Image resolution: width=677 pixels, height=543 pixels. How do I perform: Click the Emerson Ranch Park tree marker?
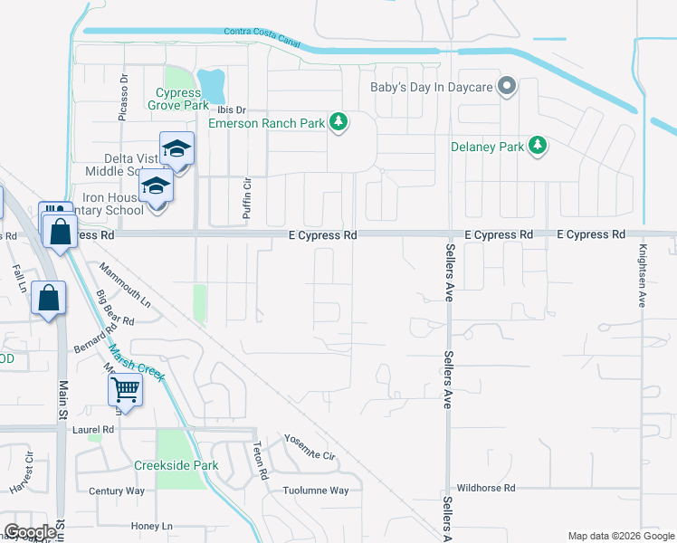(338, 121)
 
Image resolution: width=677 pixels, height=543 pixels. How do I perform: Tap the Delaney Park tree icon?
(538, 145)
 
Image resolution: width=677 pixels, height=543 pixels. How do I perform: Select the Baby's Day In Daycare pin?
(507, 87)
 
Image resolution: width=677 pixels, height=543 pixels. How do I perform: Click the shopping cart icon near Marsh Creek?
(125, 390)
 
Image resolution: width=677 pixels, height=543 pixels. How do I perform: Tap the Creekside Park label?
(176, 465)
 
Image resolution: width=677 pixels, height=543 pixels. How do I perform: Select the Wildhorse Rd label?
(485, 487)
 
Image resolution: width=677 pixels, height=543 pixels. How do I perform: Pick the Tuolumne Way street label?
(313, 491)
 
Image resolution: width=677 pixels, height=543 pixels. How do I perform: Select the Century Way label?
(117, 491)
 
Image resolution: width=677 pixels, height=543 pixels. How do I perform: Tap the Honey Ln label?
(151, 526)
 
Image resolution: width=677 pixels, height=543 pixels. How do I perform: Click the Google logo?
(30, 532)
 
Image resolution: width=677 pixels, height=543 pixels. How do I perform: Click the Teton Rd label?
(259, 461)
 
